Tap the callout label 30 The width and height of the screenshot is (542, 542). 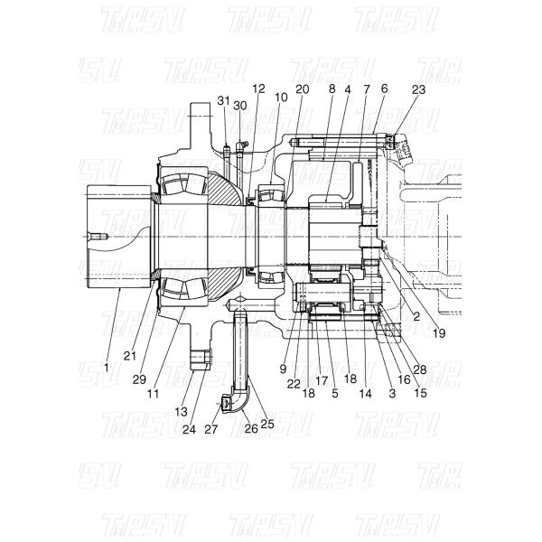[x=239, y=106]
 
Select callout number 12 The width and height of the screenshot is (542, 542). [x=259, y=89]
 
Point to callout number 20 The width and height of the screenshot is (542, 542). [x=302, y=89]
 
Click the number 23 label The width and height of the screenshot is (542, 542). [x=418, y=89]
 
